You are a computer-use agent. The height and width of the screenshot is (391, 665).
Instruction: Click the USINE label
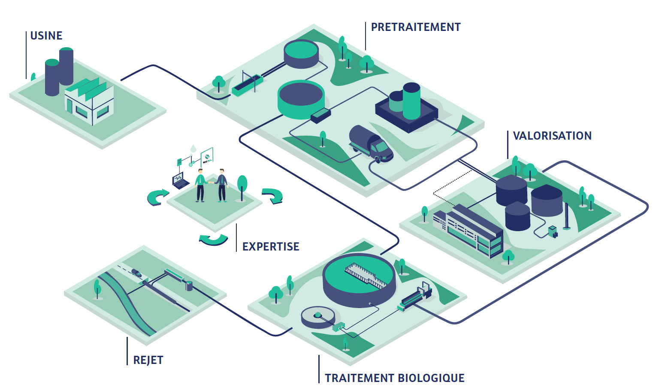[x=46, y=36]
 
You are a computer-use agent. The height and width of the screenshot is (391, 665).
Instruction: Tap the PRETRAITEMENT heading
[x=415, y=27]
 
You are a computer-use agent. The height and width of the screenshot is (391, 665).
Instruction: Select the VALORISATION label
[x=552, y=136]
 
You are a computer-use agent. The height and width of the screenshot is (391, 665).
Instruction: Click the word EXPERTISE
[x=271, y=247]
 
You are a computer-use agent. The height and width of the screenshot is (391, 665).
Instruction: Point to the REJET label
[x=148, y=360]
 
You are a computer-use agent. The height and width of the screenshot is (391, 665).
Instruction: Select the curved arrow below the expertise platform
[x=213, y=239]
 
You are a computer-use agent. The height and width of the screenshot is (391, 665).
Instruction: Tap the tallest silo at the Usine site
[x=66, y=67]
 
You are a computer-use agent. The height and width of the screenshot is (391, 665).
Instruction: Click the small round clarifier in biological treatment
[x=318, y=317]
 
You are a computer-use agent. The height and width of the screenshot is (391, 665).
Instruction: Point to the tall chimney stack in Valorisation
[x=567, y=216]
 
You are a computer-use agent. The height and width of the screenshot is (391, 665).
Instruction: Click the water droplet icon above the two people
[x=193, y=148]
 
